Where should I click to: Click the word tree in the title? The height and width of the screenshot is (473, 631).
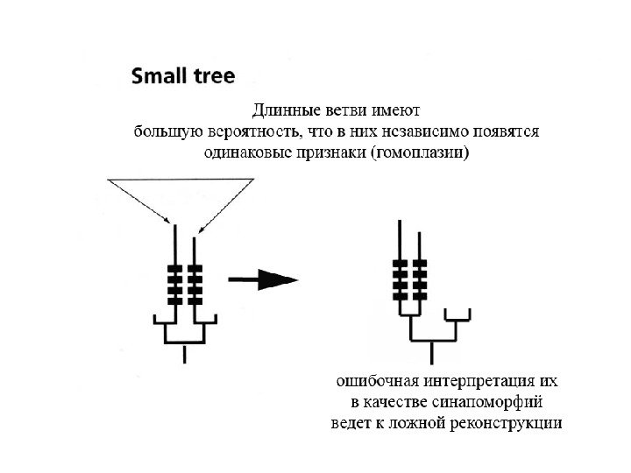coord(215,76)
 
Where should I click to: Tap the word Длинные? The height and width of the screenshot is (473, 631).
coord(285,111)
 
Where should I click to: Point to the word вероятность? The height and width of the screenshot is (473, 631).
coord(253,132)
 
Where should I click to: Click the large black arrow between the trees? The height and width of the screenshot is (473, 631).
coord(262,279)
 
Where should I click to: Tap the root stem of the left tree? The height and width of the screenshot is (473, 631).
coord(184,352)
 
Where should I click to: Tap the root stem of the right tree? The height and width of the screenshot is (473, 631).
coord(432,350)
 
